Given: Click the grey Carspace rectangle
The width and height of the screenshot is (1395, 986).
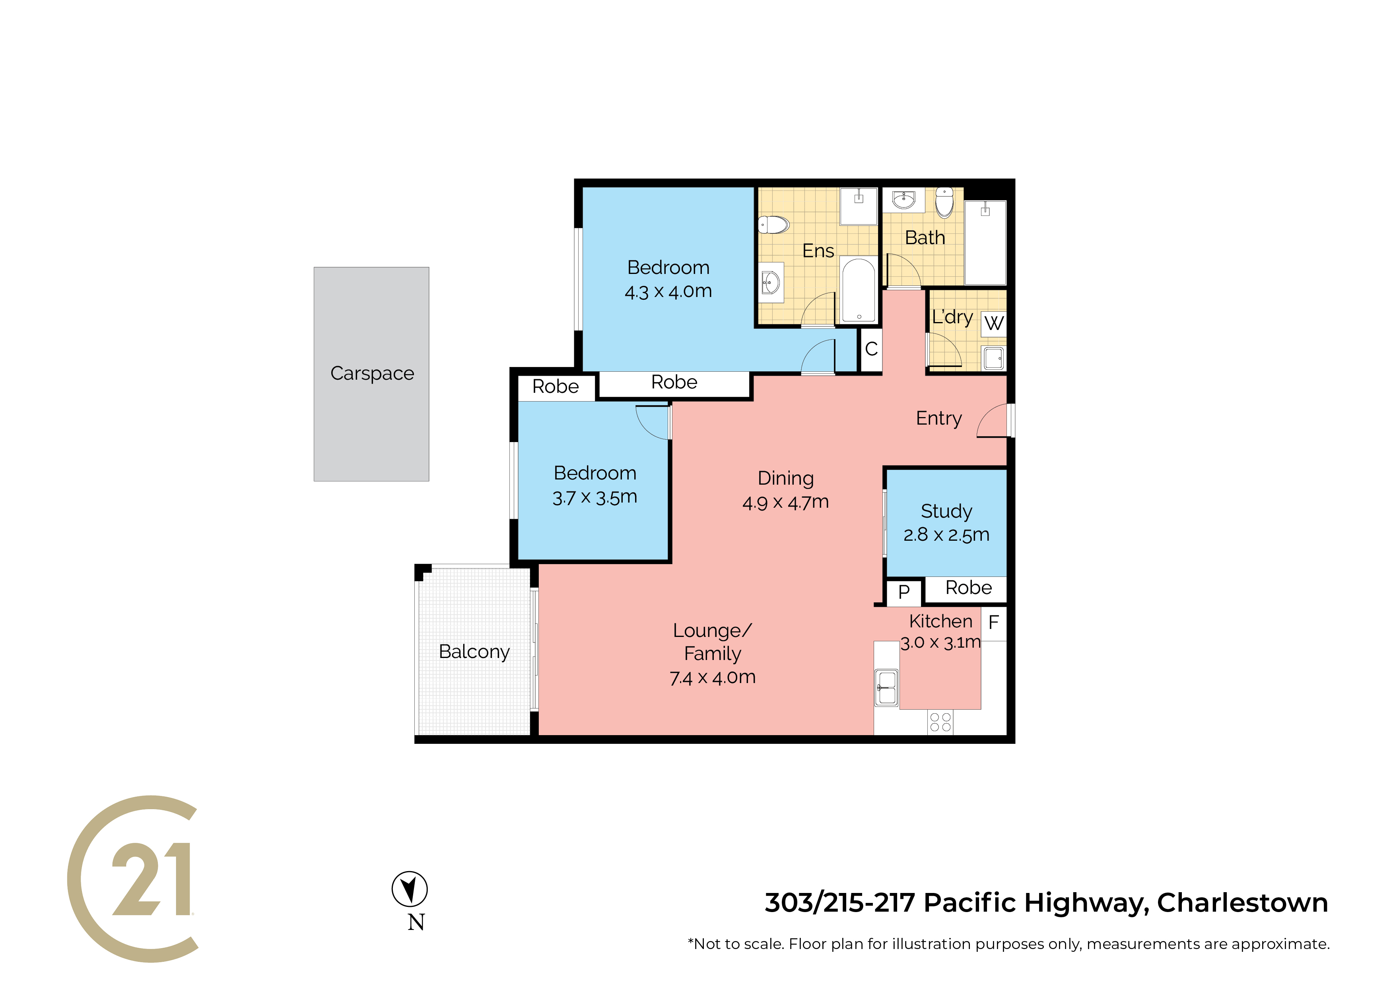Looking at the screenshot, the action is [x=371, y=374].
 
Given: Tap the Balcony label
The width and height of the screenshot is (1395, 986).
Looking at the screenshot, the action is [x=474, y=652].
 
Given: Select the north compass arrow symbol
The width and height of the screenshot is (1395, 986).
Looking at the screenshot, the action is [x=410, y=889].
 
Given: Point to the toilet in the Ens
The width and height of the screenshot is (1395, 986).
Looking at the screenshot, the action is [x=773, y=225].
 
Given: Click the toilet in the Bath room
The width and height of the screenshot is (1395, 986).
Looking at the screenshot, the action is [x=944, y=202].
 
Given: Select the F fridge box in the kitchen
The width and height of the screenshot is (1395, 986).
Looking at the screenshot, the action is [x=994, y=623].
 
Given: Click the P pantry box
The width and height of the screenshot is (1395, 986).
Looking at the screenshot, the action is [x=904, y=592].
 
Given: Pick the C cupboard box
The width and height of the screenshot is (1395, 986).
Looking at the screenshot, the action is [x=871, y=349].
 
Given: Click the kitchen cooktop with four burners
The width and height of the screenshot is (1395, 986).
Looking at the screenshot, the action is [x=940, y=722].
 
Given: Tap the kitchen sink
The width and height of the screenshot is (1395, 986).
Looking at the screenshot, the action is [x=886, y=687].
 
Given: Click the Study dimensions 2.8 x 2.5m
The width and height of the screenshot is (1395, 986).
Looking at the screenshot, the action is [x=946, y=535].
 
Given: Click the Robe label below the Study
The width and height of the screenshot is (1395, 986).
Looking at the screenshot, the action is [x=968, y=588].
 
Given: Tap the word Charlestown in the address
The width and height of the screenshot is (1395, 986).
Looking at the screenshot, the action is [x=1243, y=903].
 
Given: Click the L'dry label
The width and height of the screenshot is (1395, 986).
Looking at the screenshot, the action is [x=953, y=318].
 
